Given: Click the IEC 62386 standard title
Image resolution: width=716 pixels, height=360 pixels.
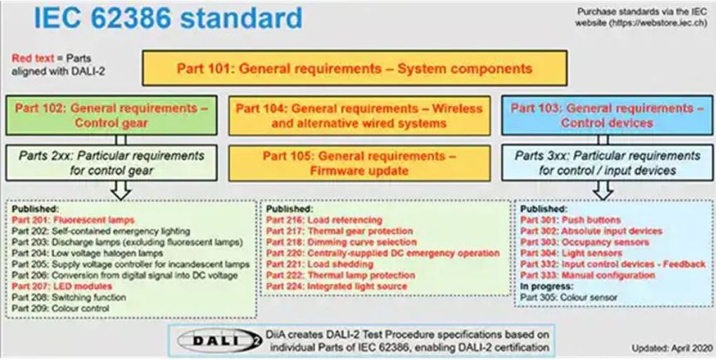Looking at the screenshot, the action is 168,18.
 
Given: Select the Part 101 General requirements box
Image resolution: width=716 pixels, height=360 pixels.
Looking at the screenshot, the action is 355,69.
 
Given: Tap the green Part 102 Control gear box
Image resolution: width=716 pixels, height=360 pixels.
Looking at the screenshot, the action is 112,116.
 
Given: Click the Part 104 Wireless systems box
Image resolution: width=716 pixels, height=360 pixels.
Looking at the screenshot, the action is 359,116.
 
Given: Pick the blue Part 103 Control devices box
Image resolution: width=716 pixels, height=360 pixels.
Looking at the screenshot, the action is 607,116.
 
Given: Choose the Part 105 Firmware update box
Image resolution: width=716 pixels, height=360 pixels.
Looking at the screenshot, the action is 359,163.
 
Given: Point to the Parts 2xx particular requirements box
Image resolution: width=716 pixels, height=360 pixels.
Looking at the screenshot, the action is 112,163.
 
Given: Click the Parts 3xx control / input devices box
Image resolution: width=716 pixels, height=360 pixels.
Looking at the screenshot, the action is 607,163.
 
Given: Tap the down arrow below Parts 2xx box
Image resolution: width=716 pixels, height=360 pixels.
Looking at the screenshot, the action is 121,190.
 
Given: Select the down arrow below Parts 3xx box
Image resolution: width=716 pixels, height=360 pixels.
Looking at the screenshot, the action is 603,190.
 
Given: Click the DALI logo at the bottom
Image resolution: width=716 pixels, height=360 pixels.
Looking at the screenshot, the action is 220,341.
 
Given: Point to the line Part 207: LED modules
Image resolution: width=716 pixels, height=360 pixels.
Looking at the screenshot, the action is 62,286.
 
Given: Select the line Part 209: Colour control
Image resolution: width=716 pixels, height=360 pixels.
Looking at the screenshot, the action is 61,308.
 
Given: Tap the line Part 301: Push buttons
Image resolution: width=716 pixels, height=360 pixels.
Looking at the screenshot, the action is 570,220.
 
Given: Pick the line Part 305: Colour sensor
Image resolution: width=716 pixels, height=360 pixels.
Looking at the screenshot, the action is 569,298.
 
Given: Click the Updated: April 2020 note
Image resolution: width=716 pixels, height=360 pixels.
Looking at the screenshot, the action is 672,348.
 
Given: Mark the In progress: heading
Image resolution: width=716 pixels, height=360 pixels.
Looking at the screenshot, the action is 546,286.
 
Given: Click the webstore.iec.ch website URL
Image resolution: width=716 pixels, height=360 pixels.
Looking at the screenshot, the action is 659,23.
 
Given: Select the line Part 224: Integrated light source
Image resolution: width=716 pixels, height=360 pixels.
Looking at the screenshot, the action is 337,286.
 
